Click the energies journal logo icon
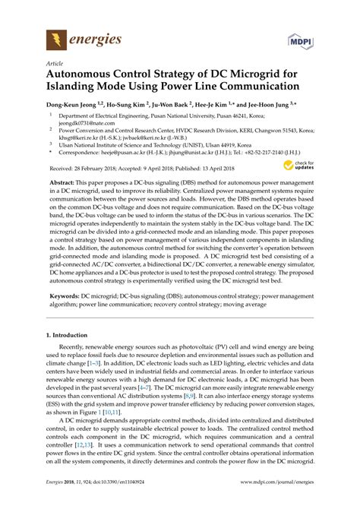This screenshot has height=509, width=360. click(55, 40)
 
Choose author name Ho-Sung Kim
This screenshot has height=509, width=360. click(134, 106)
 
